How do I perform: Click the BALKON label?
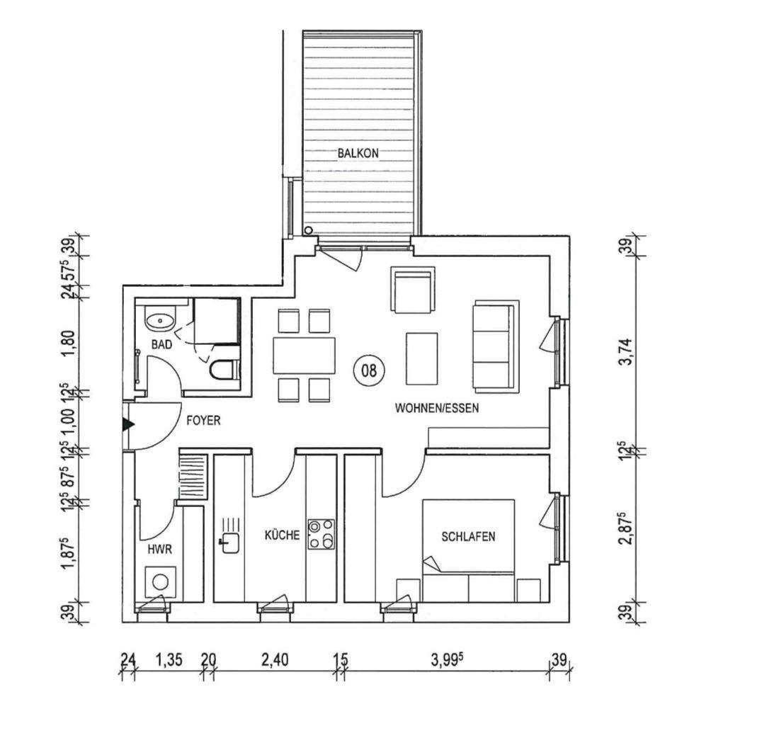[x=358, y=152]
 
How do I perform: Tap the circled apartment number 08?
[x=369, y=369]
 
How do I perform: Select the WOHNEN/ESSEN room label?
[x=437, y=408]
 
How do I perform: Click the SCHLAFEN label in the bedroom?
[x=468, y=536]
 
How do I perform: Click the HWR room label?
[x=157, y=548]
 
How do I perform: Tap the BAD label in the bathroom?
[x=162, y=345]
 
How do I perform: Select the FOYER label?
[x=203, y=420]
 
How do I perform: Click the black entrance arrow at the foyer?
[x=127, y=424]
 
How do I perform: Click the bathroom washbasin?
[x=160, y=321]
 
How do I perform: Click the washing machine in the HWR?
[x=161, y=582]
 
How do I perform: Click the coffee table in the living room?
[x=421, y=358]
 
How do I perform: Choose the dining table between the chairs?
[x=304, y=355]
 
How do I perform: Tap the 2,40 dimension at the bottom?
[x=274, y=660]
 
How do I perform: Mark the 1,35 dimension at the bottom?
[x=169, y=660]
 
